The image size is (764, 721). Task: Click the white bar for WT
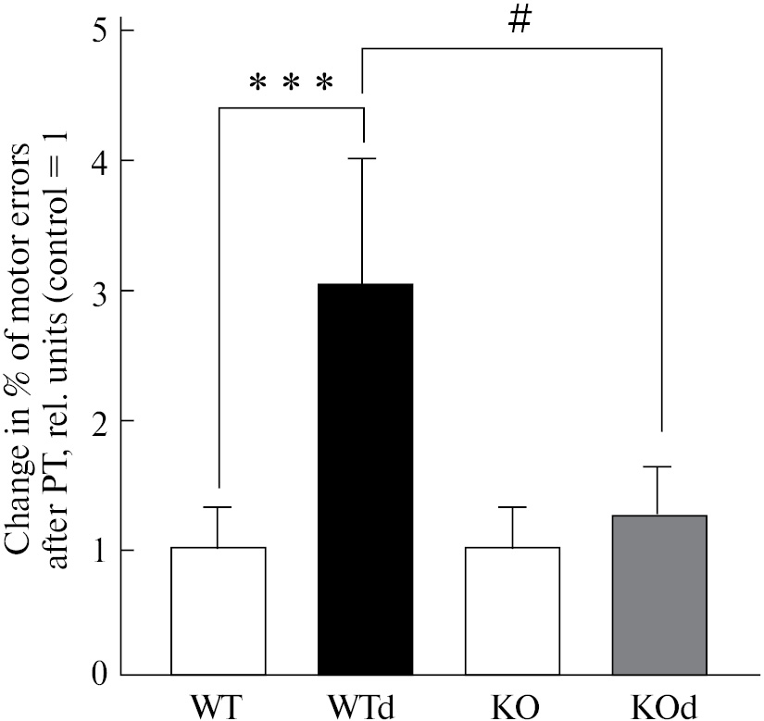219,611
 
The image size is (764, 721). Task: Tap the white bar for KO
512,611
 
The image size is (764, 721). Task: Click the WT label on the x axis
219,704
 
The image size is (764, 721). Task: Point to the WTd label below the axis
365,704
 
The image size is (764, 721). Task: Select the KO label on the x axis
512,704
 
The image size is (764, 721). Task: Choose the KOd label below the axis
659,704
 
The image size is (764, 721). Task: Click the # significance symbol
520,22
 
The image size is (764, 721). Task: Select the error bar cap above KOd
659,467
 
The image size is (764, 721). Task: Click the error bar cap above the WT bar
219,507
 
